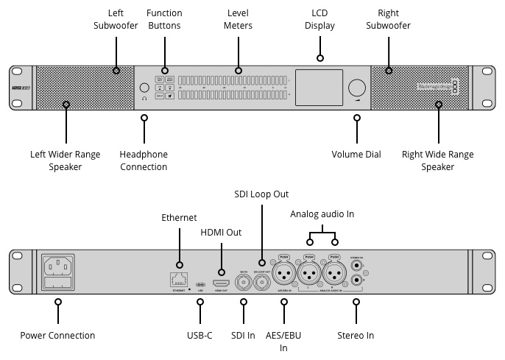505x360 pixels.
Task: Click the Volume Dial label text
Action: tap(356, 155)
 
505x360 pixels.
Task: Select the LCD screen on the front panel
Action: tap(319, 85)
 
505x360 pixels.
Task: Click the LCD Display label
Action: tap(319, 20)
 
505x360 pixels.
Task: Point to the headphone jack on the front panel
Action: tap(144, 87)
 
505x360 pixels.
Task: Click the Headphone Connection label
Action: tap(144, 160)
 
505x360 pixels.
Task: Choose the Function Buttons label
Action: tap(164, 20)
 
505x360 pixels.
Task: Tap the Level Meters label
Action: tap(239, 20)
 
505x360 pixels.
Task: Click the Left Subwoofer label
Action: tap(116, 20)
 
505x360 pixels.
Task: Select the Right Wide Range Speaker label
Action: tap(438, 160)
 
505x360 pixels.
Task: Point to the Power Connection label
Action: tap(57, 336)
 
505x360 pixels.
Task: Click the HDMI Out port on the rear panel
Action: tap(220, 283)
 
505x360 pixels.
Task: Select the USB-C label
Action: tap(199, 336)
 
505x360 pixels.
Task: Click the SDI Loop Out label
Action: tap(261, 194)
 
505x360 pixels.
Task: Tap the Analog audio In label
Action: tap(322, 214)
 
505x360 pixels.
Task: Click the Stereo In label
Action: tap(356, 336)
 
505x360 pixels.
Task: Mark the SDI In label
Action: tap(243, 336)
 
